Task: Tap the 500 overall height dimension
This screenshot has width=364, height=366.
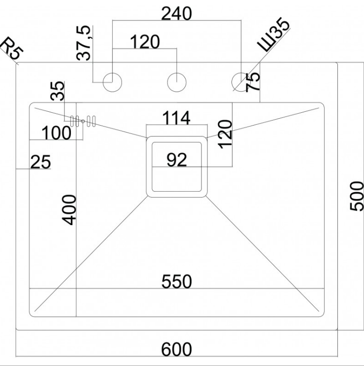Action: coord(356,196)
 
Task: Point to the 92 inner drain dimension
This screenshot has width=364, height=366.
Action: coord(176,160)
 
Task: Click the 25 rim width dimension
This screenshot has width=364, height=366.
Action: coord(41,162)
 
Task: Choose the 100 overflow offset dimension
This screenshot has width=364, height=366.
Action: coord(56,133)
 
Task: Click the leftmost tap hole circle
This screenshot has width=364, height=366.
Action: coord(112,81)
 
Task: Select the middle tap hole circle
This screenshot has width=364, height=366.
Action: coord(176,81)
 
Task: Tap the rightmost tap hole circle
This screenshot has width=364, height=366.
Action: coord(240,81)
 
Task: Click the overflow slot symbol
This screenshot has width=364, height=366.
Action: coord(82,121)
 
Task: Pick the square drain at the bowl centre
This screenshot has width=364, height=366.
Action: coord(176,166)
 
